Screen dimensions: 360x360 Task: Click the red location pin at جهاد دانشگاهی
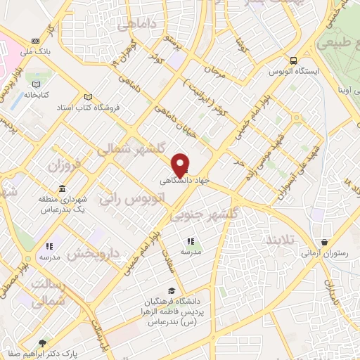point(181,164)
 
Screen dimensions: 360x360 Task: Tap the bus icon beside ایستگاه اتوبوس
point(293,60)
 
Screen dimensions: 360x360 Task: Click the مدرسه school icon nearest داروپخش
point(49,246)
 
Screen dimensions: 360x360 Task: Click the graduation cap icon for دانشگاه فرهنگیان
point(172,290)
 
